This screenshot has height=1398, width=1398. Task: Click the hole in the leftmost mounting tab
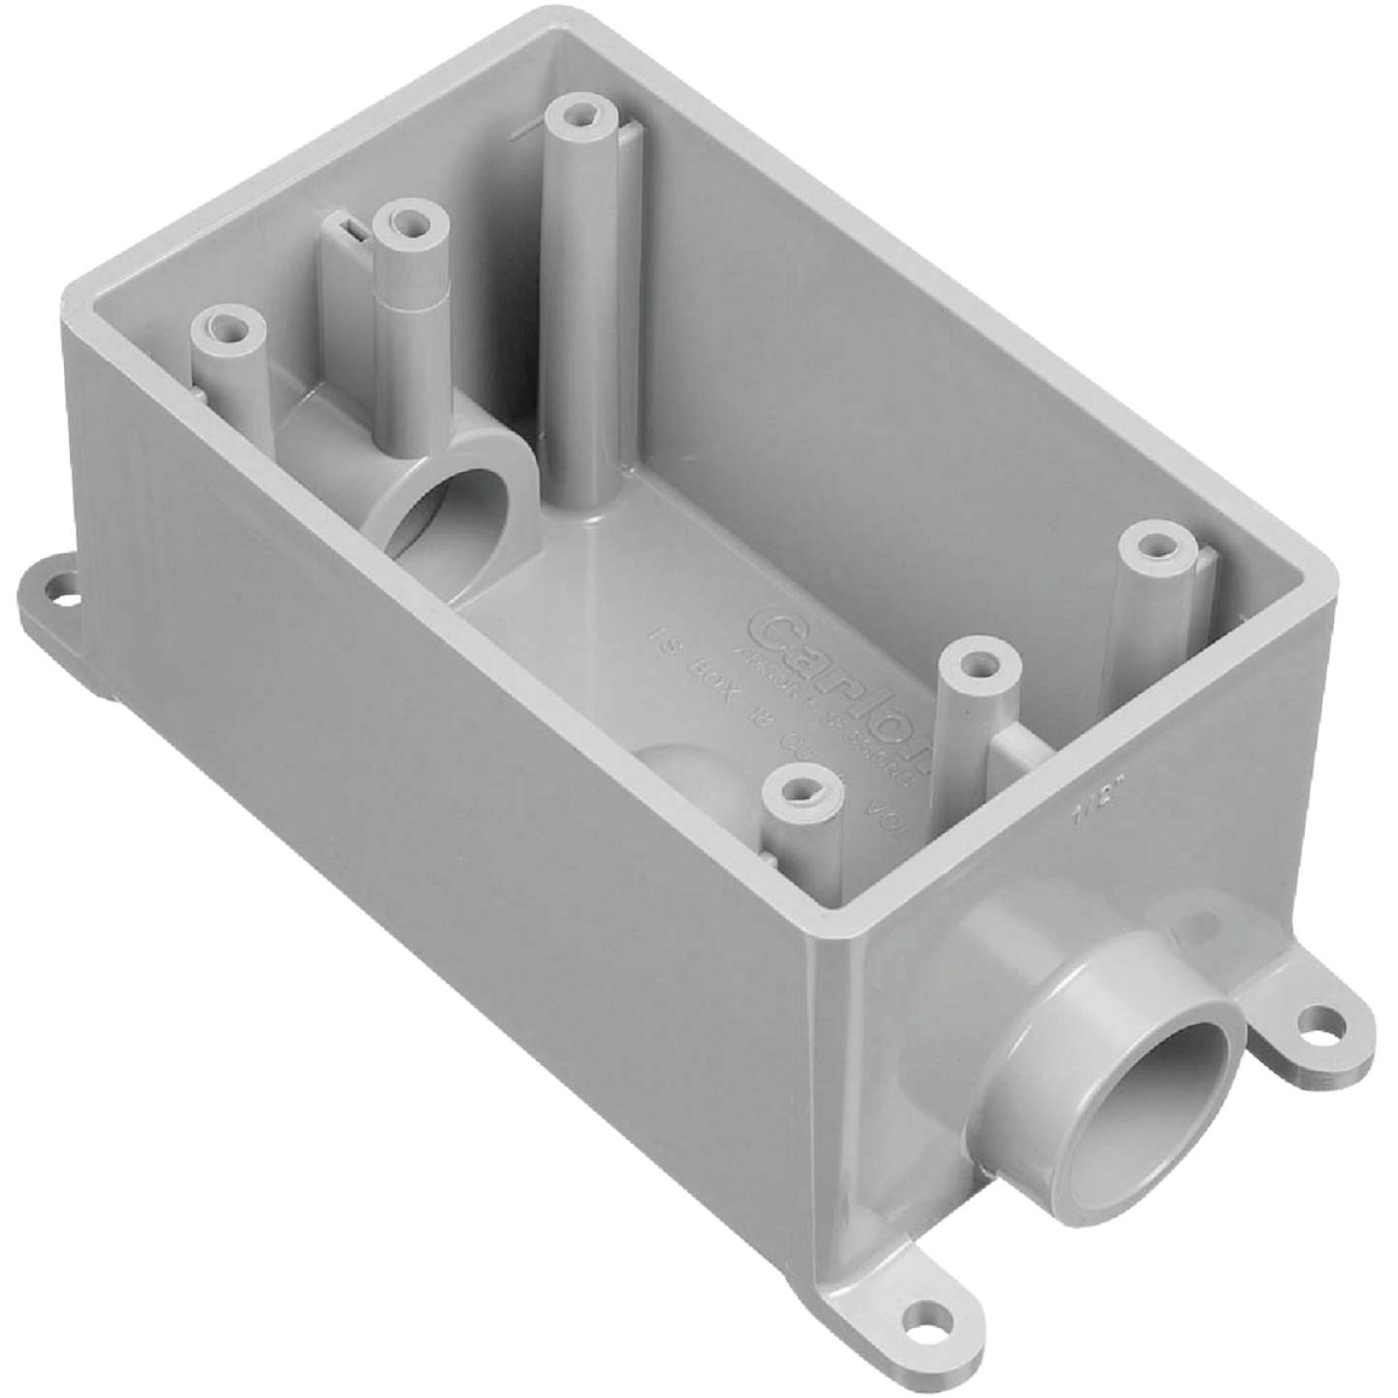coord(62,586)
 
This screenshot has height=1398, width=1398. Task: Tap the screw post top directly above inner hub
coord(409,223)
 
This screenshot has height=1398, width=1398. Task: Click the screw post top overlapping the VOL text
coord(801,792)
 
